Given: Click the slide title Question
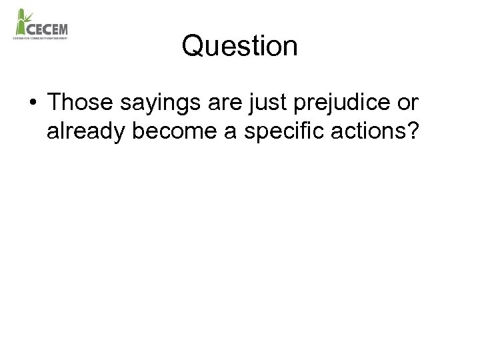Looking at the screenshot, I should (x=239, y=47).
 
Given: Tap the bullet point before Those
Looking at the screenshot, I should (x=32, y=103).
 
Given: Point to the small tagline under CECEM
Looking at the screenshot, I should (x=41, y=38).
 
